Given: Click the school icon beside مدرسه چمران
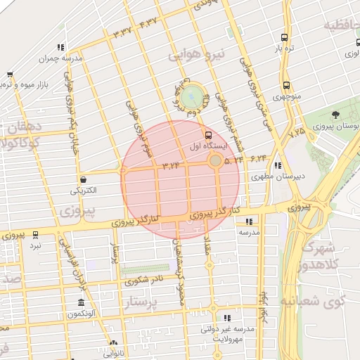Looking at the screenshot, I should (x=60, y=47).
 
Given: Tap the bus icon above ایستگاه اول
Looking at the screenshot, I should (x=207, y=134).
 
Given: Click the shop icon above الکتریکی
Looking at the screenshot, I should (x=84, y=179).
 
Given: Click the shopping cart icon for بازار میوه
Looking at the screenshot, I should (x=10, y=75).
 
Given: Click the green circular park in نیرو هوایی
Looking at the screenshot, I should (x=191, y=96).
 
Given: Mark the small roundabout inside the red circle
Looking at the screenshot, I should (x=214, y=162).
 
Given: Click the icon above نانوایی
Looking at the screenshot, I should (x=113, y=344).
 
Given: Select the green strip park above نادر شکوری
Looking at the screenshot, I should (x=146, y=270).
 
